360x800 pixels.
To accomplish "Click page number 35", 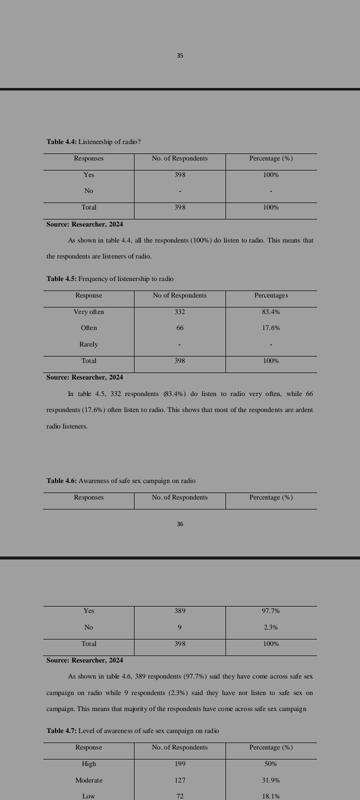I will click(x=180, y=55).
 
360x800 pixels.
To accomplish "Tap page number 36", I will click(x=180, y=524).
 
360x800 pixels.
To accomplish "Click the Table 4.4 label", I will click(x=61, y=142).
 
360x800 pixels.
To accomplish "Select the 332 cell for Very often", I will click(x=180, y=312).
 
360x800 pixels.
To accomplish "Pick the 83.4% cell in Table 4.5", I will click(x=271, y=312).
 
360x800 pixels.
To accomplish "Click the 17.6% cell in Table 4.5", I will click(x=271, y=328).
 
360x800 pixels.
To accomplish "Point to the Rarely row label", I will click(x=88, y=344).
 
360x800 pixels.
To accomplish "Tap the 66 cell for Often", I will click(x=180, y=328).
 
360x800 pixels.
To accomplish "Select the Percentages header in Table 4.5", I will click(x=271, y=295).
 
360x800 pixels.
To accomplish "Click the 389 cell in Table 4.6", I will click(x=180, y=611).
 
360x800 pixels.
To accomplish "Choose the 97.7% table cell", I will click(x=271, y=611).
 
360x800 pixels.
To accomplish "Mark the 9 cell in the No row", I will click(x=180, y=627).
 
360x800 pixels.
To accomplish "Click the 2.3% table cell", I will click(x=271, y=627).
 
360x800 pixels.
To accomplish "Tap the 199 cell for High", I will click(x=180, y=764).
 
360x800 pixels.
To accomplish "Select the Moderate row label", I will click(x=88, y=780).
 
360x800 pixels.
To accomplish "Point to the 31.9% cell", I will click(x=271, y=780).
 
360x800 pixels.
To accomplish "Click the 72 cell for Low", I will click(x=180, y=796).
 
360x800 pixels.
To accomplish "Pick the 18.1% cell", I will click(x=271, y=796).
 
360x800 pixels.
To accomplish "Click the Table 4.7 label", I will click(x=61, y=731).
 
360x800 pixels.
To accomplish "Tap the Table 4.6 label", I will click(x=61, y=481).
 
